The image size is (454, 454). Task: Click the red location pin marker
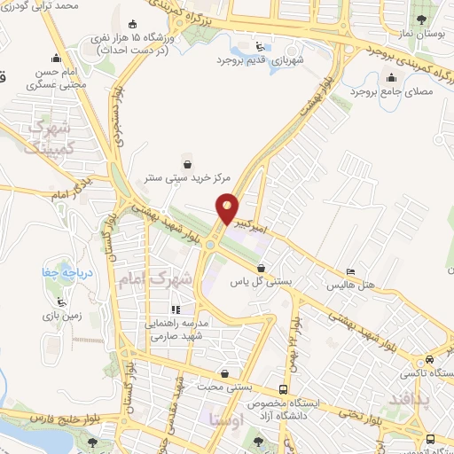[227, 208]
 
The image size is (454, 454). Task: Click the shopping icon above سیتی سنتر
[187, 162]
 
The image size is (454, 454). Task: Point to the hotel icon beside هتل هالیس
[350, 272]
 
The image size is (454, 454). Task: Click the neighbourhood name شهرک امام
[154, 278]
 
